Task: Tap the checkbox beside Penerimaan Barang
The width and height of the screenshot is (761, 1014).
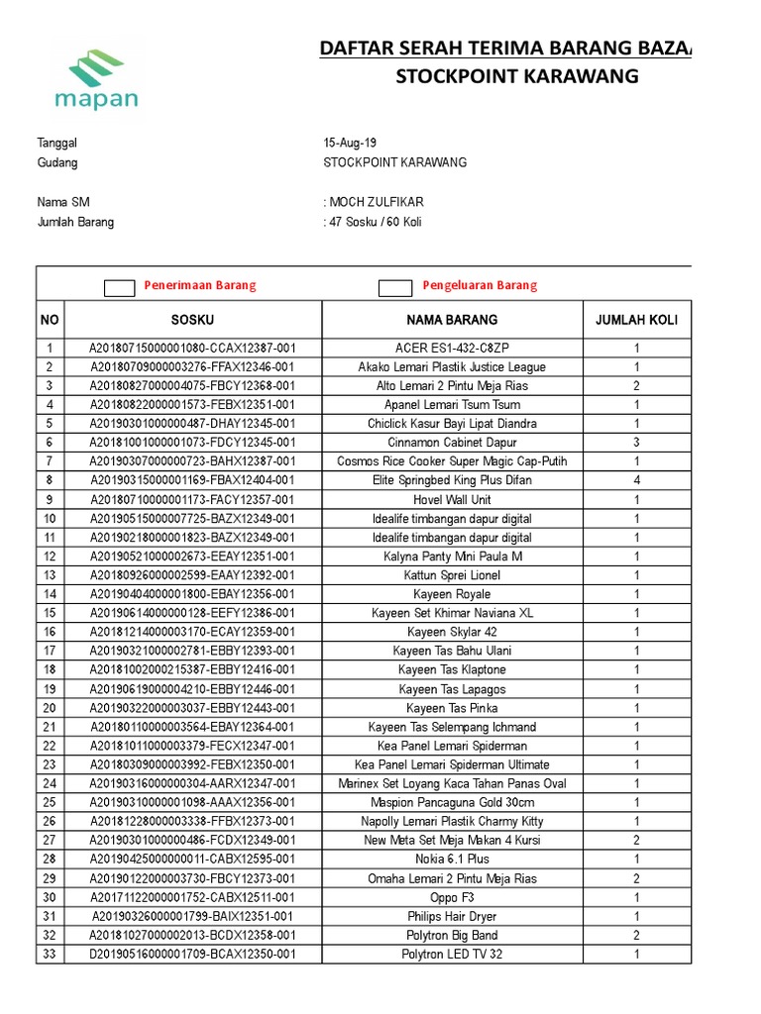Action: (120, 287)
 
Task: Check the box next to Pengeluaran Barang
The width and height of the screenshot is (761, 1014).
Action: (395, 287)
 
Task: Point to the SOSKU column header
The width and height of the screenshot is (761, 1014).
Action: (192, 320)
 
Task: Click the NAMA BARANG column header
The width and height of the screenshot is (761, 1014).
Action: (452, 320)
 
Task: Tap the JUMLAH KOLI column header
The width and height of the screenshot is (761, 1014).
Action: (636, 320)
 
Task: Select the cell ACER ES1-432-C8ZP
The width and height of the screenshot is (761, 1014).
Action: (452, 348)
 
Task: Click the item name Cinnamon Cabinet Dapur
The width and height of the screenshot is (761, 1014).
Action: (452, 443)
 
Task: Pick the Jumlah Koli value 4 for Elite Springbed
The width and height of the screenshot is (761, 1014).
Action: (636, 480)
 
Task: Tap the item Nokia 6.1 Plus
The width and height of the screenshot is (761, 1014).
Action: (452, 860)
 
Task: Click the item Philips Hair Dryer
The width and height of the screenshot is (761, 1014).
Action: (452, 917)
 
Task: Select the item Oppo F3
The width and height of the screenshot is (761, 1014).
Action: (452, 897)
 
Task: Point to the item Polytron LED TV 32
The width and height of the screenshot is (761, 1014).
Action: (452, 955)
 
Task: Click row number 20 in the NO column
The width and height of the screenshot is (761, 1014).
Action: (50, 708)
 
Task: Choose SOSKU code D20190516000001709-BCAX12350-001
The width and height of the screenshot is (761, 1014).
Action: (192, 955)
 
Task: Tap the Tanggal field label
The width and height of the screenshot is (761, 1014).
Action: (56, 143)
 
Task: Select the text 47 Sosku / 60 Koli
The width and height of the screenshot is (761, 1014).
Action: (376, 222)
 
